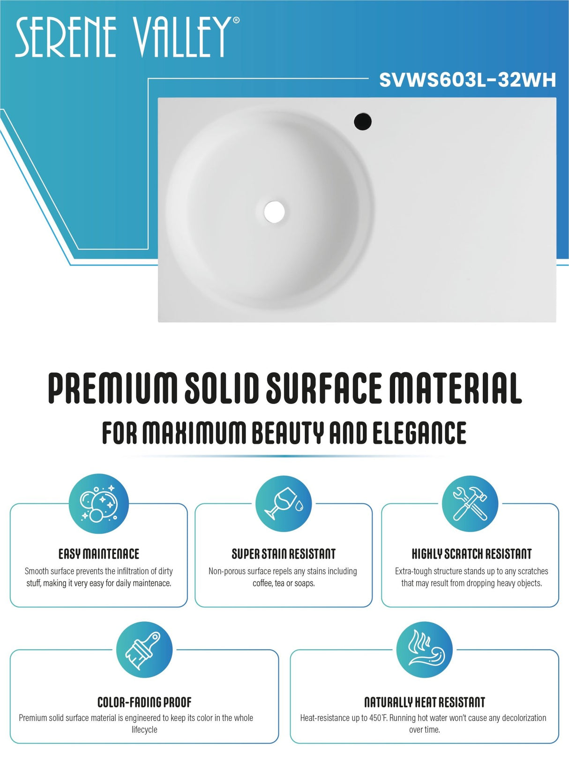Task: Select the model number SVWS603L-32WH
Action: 467,80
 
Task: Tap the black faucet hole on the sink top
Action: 362,121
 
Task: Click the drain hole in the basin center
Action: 274,211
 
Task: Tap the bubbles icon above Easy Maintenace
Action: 98,504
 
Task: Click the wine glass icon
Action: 284,504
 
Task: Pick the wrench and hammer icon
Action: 470,504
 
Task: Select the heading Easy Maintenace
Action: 98,554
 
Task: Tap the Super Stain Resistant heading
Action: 284,554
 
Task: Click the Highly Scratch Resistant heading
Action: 472,554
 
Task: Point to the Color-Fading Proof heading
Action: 144,702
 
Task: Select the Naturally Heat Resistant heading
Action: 424,702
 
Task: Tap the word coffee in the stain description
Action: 262,583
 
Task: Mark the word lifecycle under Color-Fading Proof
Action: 144,729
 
